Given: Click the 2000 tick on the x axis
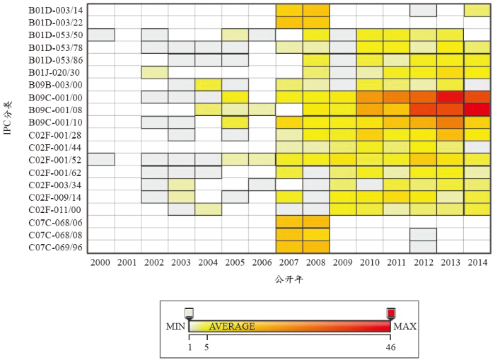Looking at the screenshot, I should (x=101, y=262).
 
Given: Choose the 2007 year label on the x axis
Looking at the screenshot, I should (x=289, y=262).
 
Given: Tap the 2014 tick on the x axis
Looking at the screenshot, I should (x=477, y=262).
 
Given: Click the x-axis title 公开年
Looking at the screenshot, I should (x=289, y=279).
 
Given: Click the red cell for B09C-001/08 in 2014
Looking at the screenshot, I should (x=477, y=110).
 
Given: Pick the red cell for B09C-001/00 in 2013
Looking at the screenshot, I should (x=450, y=97).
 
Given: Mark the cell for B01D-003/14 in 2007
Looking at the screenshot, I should (x=289, y=10).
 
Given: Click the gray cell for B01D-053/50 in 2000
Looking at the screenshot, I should (x=101, y=35).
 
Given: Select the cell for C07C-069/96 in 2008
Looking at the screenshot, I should (x=316, y=247).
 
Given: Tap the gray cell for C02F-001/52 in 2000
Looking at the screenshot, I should (x=101, y=160).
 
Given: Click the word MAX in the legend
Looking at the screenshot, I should (x=405, y=327).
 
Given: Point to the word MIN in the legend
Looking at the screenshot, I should (x=175, y=327).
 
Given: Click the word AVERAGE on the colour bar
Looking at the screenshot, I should (x=232, y=326).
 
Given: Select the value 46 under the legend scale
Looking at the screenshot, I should (x=390, y=347).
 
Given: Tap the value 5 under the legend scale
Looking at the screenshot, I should (x=206, y=347).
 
